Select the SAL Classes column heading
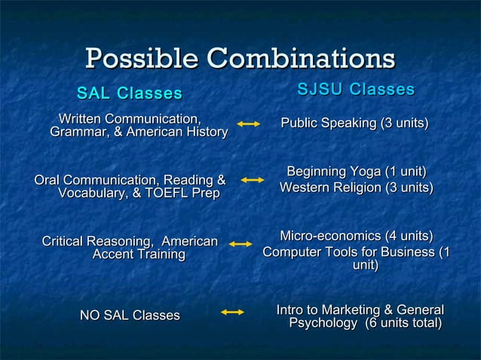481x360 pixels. (x=130, y=94)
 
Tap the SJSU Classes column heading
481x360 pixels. (x=356, y=90)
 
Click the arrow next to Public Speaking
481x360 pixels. (x=249, y=123)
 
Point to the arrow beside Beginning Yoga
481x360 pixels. (x=252, y=180)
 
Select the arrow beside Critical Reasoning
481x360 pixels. (x=240, y=244)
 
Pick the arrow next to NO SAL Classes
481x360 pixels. (x=234, y=312)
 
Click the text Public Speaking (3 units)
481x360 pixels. (x=354, y=123)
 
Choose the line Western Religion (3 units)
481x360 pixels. (x=356, y=187)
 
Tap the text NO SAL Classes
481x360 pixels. (x=130, y=315)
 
